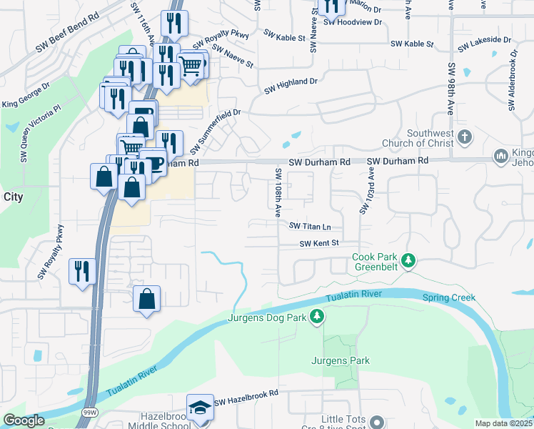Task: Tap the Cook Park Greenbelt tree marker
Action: pyautogui.click(x=408, y=260)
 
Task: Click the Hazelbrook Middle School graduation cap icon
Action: pyautogui.click(x=201, y=408)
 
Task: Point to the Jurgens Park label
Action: pyautogui.click(x=340, y=360)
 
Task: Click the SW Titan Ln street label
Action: pyautogui.click(x=311, y=226)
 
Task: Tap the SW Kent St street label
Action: pyautogui.click(x=318, y=244)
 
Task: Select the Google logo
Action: pyautogui.click(x=24, y=420)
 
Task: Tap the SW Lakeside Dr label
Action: pyautogui.click(x=485, y=45)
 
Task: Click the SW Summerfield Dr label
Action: pyautogui.click(x=216, y=132)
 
